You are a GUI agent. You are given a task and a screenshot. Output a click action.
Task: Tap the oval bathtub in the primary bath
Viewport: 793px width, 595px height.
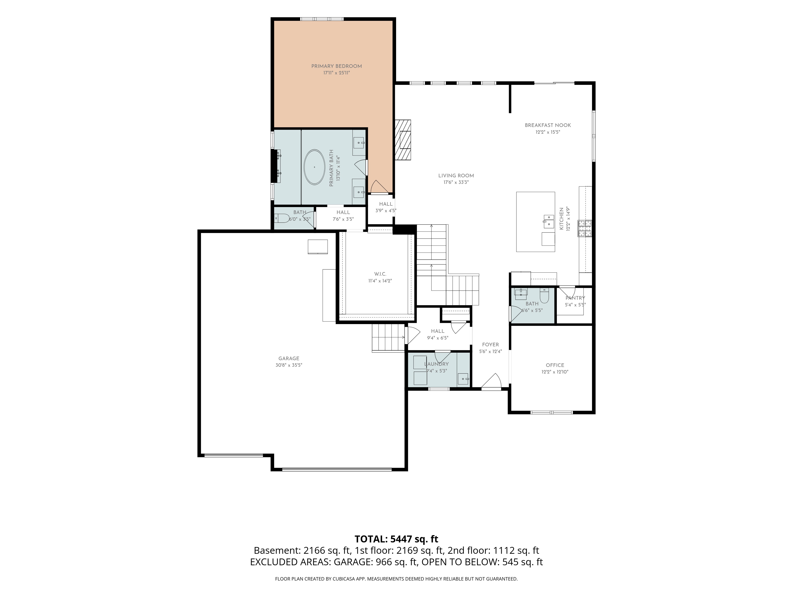[x=314, y=167]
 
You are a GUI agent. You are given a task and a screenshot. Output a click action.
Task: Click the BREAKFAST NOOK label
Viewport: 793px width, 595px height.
[x=548, y=125]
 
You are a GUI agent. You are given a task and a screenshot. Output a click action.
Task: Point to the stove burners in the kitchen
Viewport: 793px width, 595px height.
[x=584, y=228]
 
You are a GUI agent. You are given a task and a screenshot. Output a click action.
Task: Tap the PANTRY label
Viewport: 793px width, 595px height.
[x=575, y=298]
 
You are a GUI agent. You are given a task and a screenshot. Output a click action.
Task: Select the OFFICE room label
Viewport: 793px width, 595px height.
[x=555, y=365]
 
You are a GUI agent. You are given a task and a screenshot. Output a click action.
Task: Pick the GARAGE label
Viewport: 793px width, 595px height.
[x=289, y=358]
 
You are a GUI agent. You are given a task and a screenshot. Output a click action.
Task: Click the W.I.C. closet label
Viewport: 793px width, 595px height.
[x=380, y=274]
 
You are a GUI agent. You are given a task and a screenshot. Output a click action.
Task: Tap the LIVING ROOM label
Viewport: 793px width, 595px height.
[x=456, y=176]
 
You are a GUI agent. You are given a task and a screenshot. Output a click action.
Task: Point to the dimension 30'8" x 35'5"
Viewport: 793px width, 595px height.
[x=289, y=365]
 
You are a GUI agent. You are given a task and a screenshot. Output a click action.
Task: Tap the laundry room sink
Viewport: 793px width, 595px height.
[x=463, y=379]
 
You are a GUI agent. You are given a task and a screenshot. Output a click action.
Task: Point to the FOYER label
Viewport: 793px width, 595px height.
[x=490, y=345]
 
